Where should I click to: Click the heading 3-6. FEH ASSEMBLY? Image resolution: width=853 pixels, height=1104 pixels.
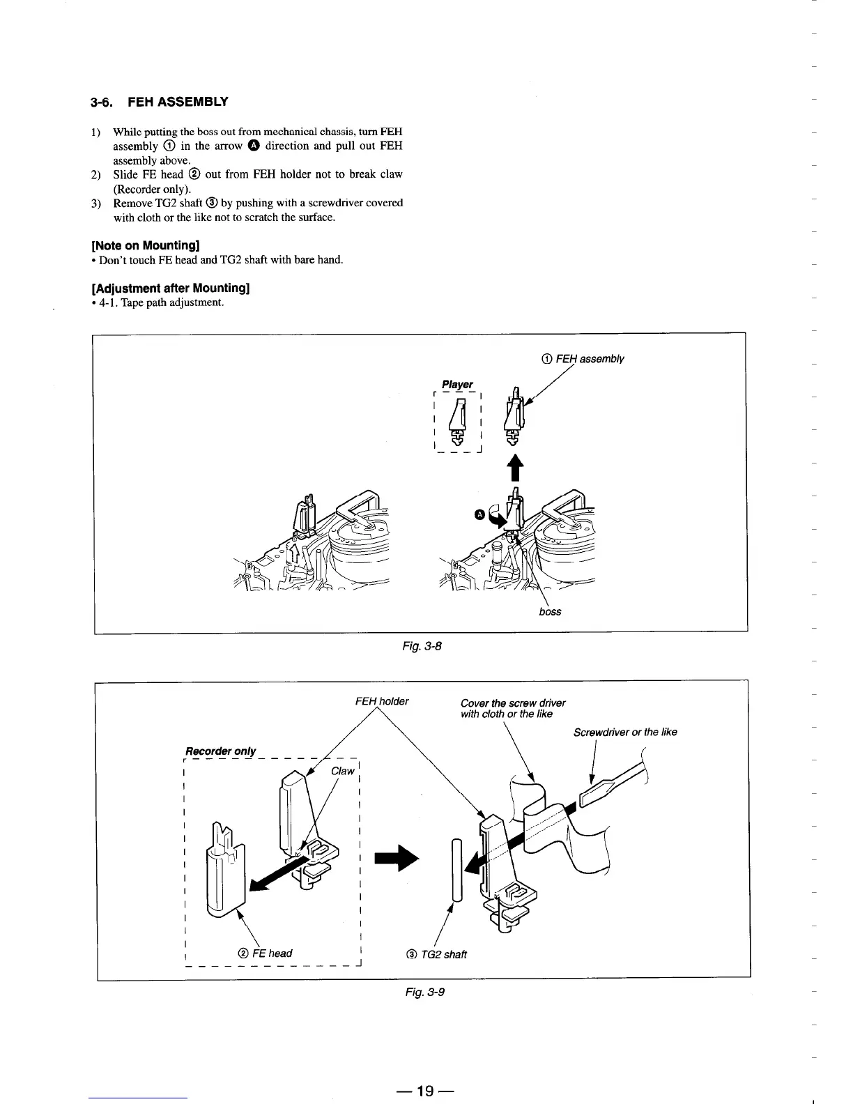tap(159, 102)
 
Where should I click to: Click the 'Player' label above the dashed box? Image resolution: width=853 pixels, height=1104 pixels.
tap(457, 384)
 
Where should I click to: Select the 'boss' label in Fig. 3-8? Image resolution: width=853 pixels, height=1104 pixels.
tap(550, 612)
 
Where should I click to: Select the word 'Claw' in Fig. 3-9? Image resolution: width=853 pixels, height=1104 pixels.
tap(342, 771)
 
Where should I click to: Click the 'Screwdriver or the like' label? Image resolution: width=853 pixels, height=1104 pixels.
tap(625, 732)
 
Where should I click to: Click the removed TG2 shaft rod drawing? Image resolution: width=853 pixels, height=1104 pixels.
tap(456, 870)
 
